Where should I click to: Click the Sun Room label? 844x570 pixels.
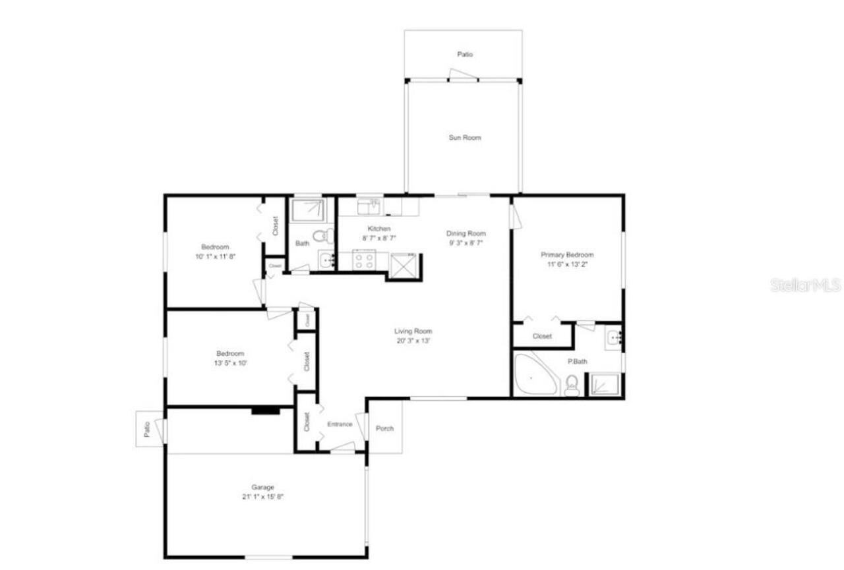pyautogui.click(x=465, y=138)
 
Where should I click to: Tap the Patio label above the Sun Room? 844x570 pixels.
pyautogui.click(x=465, y=55)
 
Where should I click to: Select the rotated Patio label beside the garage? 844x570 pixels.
pyautogui.click(x=147, y=429)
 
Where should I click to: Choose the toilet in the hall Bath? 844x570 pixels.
pyautogui.click(x=322, y=235)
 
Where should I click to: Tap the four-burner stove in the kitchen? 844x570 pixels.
pyautogui.click(x=365, y=261)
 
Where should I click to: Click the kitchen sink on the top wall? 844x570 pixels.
pyautogui.click(x=369, y=207)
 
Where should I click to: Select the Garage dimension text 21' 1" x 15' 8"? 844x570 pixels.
pyautogui.click(x=262, y=497)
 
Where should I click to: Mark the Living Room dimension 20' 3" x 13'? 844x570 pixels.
pyautogui.click(x=413, y=341)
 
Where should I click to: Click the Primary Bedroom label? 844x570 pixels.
pyautogui.click(x=567, y=255)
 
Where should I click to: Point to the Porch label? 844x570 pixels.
pyautogui.click(x=384, y=428)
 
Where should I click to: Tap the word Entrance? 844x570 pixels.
pyautogui.click(x=340, y=424)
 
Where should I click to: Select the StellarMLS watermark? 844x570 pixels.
pyautogui.click(x=805, y=285)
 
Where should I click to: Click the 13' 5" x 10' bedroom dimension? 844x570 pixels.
pyautogui.click(x=231, y=362)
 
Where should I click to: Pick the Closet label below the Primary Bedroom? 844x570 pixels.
pyautogui.click(x=542, y=336)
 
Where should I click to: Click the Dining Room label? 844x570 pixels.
pyautogui.click(x=466, y=233)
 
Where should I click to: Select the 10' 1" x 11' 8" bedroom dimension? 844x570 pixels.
pyautogui.click(x=214, y=256)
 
